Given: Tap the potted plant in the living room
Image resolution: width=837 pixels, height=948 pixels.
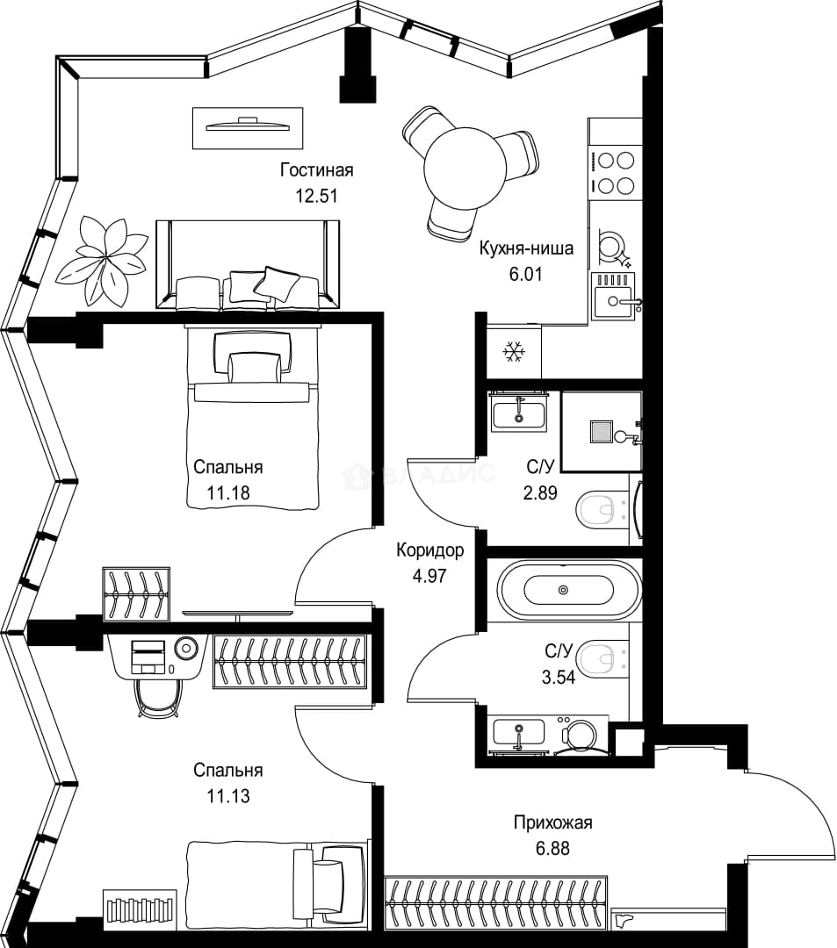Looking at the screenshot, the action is (102, 259).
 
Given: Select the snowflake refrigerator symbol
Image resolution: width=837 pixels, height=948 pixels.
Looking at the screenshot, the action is (514, 352).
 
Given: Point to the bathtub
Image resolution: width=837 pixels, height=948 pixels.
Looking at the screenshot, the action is (568, 590).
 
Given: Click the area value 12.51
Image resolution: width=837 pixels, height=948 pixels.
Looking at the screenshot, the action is (315, 196).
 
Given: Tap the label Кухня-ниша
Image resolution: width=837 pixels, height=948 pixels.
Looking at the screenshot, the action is (526, 248).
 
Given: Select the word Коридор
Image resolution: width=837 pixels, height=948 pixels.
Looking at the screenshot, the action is (430, 550).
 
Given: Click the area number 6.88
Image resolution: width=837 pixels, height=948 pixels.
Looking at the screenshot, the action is (552, 848).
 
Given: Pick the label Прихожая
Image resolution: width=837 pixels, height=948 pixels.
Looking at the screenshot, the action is (552, 822).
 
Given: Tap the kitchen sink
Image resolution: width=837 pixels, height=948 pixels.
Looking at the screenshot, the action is (613, 296).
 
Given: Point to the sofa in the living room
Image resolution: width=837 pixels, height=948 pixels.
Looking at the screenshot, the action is (248, 265).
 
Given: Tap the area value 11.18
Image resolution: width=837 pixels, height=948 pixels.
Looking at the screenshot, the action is (228, 492).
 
